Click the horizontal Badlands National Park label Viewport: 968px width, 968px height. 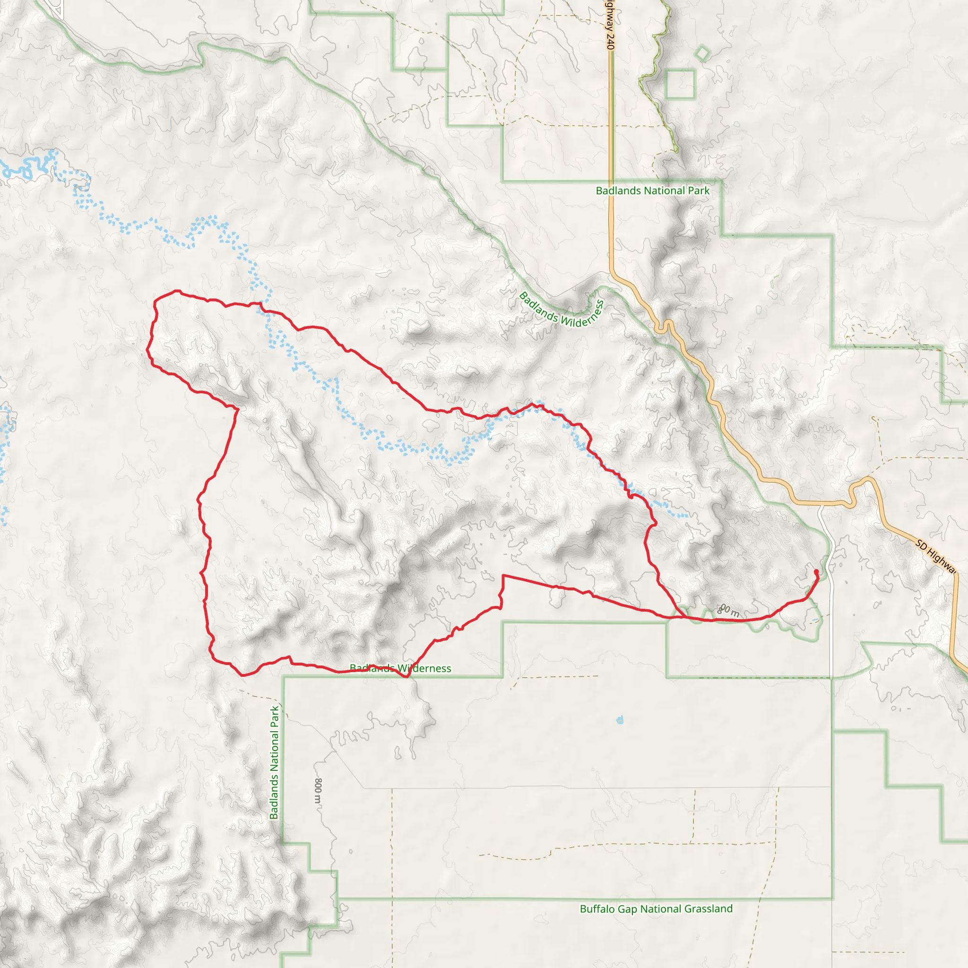pos(652,190)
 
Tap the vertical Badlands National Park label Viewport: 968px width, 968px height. pos(274,762)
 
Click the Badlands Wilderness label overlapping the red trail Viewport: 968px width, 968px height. pos(400,668)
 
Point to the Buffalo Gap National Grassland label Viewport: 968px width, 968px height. pos(656,908)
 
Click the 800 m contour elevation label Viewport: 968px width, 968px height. pos(318,790)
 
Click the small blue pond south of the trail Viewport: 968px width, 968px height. pos(620,720)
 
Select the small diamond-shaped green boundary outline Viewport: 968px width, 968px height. pos(702,53)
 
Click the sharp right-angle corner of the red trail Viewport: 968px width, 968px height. pos(503,576)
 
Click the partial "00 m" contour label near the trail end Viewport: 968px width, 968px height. pos(729,611)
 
